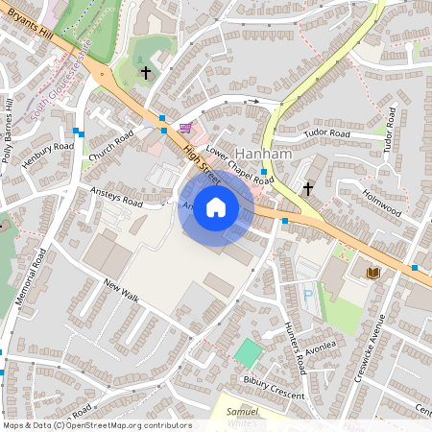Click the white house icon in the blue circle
[216, 207]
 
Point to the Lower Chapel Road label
[240, 165]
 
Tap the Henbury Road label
[48, 156]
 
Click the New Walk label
[122, 292]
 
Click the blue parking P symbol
[307, 295]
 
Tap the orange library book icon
[373, 274]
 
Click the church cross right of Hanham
[308, 188]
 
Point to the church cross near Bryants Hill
[146, 72]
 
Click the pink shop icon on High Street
[184, 127]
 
